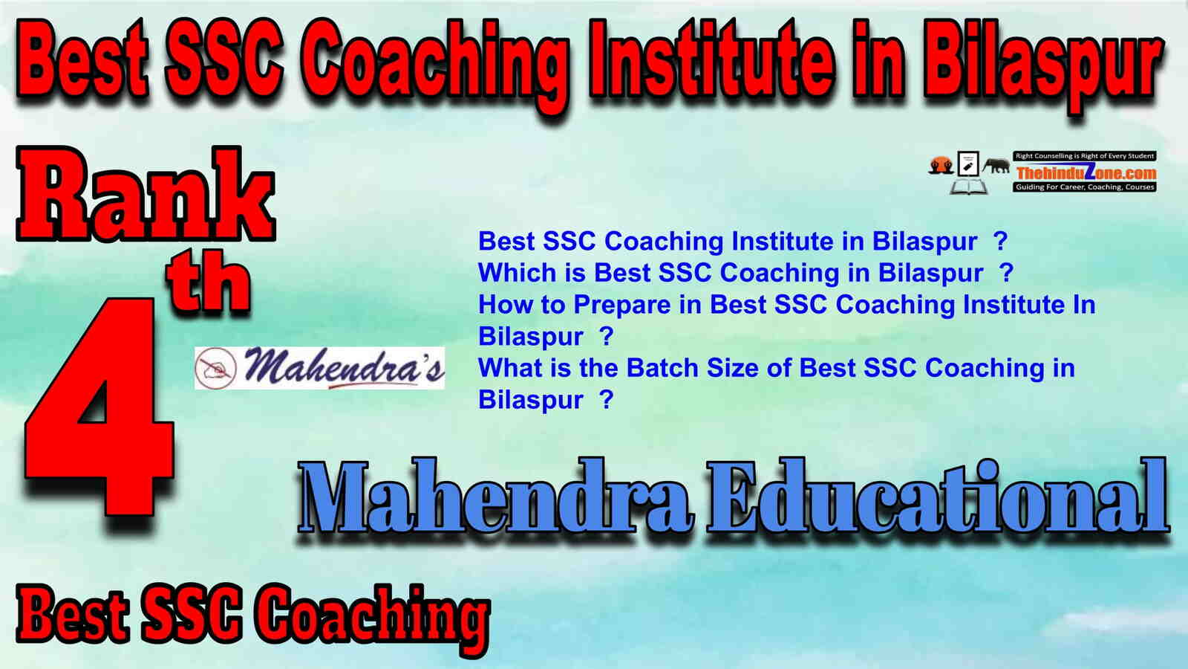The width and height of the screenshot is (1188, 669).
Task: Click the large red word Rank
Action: point(146,195)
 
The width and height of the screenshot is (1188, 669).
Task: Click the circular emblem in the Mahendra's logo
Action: point(216,367)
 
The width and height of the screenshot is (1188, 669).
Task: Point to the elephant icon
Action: point(996,167)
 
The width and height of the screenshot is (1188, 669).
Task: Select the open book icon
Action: point(968,187)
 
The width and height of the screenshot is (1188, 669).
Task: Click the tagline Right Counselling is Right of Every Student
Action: point(1085,156)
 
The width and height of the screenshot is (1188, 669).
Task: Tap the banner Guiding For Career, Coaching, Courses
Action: point(1085,187)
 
